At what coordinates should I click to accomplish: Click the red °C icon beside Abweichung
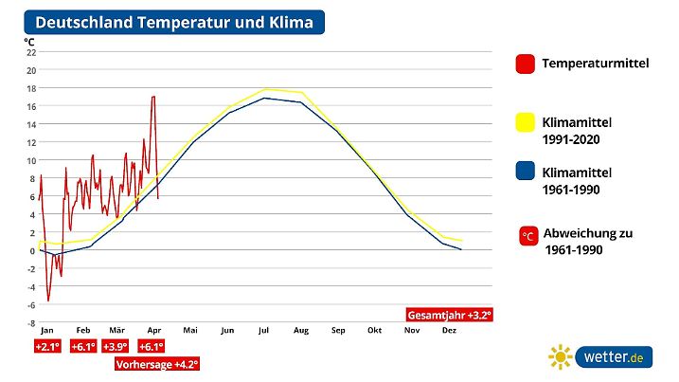point(528,234)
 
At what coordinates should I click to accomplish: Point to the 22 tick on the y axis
point(31,52)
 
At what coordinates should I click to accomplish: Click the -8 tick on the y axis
point(31,322)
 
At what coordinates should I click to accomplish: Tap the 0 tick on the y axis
point(31,250)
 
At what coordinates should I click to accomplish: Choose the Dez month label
point(449,330)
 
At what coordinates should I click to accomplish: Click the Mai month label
point(189,330)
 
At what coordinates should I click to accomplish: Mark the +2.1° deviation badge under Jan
point(46,347)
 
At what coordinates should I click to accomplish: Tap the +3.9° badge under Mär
point(116,347)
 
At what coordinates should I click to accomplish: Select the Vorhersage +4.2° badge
point(157,364)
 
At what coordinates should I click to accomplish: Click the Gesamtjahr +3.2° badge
point(449,314)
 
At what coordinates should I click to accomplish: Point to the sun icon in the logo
point(560,356)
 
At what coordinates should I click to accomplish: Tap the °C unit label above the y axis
point(29,41)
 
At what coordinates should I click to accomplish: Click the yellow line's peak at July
point(266,89)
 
